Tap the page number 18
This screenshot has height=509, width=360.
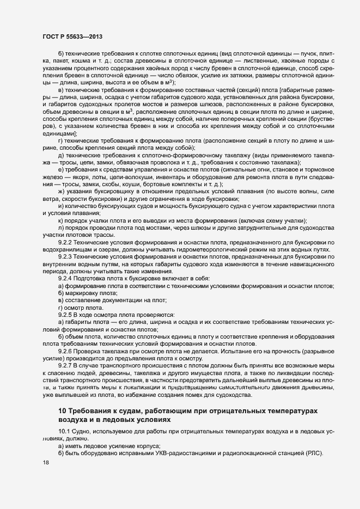click(45, 463)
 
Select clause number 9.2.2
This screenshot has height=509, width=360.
click(65, 241)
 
